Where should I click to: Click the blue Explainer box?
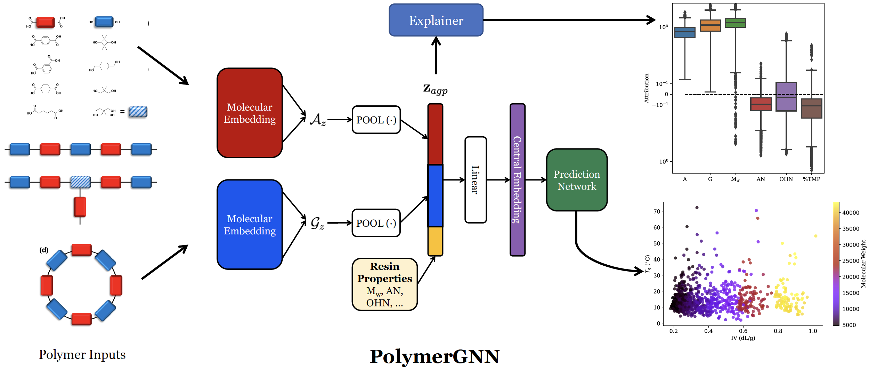tap(436, 20)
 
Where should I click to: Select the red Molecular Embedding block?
tap(250, 113)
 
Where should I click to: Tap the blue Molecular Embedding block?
tap(250, 225)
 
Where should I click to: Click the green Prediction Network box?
tap(577, 180)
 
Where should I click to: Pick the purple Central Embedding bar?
tap(517, 180)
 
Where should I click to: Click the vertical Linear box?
tap(476, 180)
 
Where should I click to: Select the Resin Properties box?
tap(384, 284)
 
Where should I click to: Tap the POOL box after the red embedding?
tap(376, 120)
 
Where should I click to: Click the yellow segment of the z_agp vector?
tap(435, 241)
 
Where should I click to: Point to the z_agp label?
tap(435, 89)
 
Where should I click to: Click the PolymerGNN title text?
tap(434, 356)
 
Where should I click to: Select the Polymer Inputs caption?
tap(82, 354)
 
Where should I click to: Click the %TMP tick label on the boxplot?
tap(811, 179)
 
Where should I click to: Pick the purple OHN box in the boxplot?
tap(786, 97)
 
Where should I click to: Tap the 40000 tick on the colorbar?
tap(851, 212)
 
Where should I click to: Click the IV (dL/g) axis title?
tap(743, 338)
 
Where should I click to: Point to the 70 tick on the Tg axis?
tap(657, 211)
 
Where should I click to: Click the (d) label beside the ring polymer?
tap(44, 250)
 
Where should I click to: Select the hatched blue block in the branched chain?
tap(80, 182)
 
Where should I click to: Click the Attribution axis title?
tap(647, 88)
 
